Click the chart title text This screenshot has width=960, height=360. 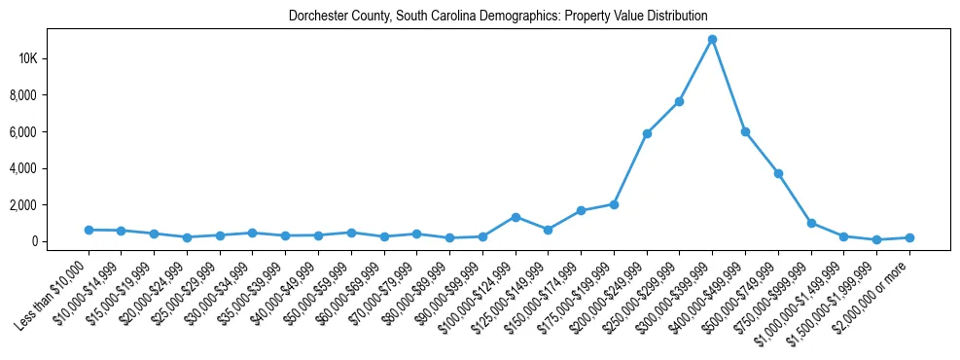498,17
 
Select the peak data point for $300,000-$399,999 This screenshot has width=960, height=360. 712,39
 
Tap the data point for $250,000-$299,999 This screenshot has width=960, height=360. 680,101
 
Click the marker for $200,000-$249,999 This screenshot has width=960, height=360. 647,133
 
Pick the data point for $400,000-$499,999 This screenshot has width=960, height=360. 745,131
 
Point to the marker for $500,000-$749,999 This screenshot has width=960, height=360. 778,173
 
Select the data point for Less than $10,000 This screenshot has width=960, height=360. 89,230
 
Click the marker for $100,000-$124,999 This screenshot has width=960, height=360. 516,217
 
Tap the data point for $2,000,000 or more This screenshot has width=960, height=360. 909,237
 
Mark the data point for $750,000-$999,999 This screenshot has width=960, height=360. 811,223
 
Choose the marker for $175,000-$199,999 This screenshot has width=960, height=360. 614,204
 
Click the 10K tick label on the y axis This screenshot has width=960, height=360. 55,58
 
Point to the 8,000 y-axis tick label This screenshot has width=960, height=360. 51,95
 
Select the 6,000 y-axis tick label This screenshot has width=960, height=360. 51,131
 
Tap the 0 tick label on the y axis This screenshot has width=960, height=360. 60,241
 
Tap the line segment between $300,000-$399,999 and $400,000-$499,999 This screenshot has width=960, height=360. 729,86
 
